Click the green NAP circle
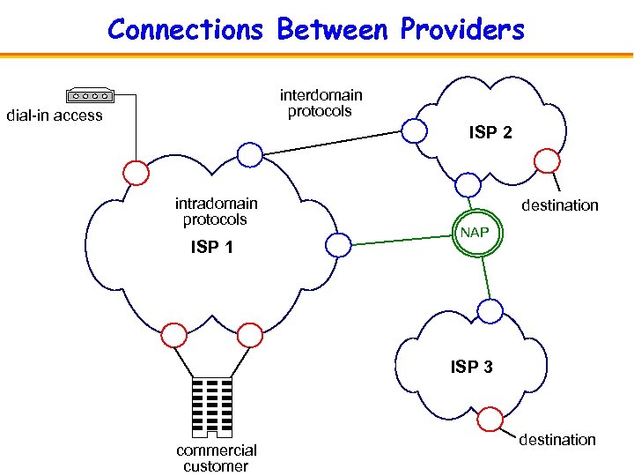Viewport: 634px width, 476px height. [476, 234]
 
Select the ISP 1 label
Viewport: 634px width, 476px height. [212, 248]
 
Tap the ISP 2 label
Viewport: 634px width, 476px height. [490, 133]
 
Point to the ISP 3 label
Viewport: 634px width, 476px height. [471, 367]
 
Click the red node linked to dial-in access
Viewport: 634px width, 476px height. [136, 172]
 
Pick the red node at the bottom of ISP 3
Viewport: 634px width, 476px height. [490, 420]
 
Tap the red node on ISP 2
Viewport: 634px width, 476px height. [547, 160]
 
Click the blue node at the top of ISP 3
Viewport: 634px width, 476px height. [490, 310]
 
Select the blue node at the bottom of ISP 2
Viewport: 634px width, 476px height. [468, 185]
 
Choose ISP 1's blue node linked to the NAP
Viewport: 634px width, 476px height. [337, 246]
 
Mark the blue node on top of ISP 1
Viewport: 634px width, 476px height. [250, 154]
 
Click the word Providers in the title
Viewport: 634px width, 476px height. [462, 30]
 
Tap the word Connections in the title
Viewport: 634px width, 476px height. [186, 30]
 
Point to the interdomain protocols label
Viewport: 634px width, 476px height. [321, 103]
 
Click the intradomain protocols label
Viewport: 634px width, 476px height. [216, 212]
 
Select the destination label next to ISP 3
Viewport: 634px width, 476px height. [557, 440]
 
